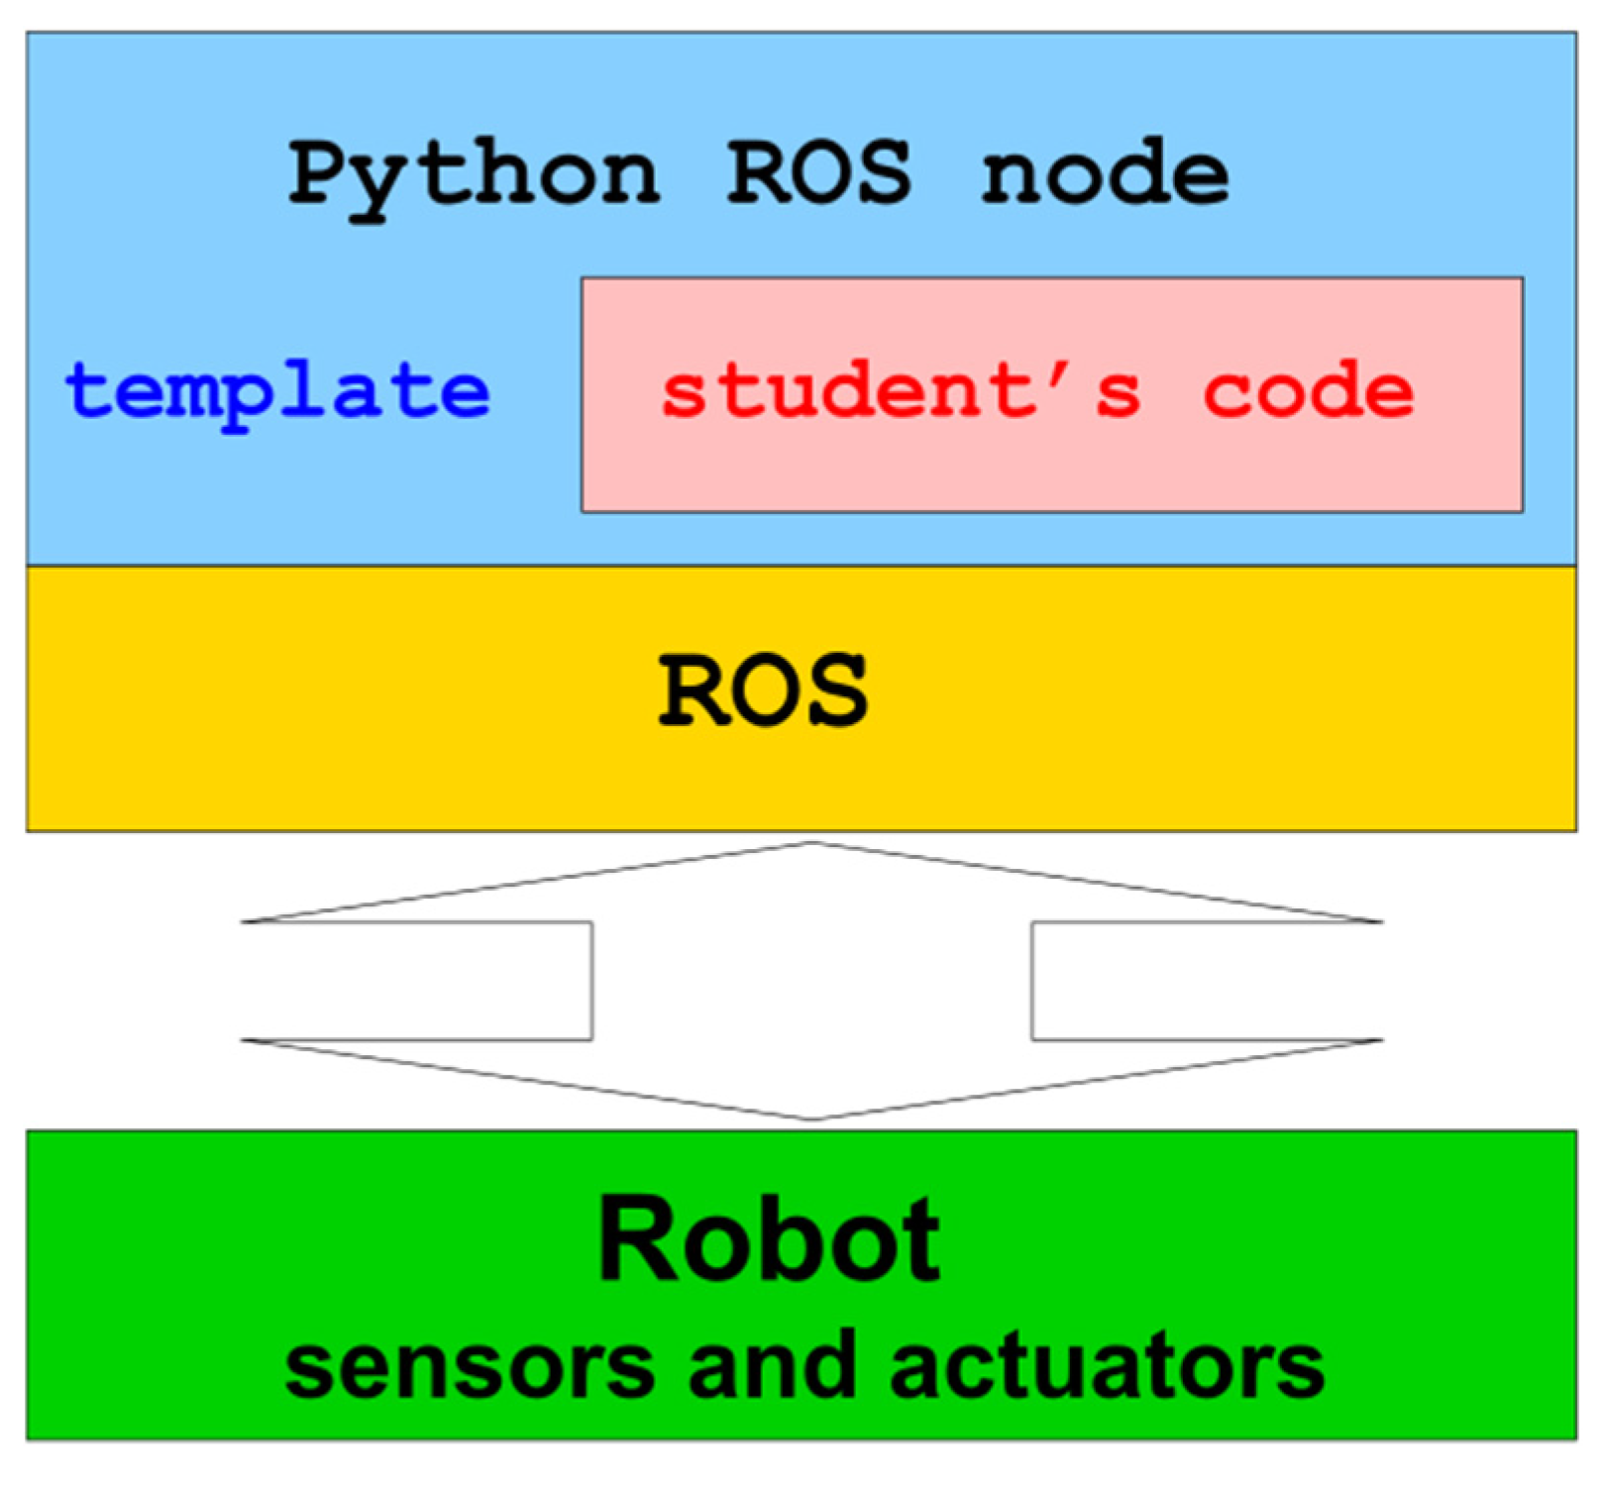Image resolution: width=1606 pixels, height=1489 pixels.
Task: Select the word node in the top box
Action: click(x=1105, y=173)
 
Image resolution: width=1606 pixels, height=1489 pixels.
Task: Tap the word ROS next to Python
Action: click(x=818, y=173)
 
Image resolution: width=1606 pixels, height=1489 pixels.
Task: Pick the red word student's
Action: click(x=901, y=391)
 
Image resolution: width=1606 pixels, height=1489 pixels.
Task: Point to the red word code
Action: click(x=1308, y=391)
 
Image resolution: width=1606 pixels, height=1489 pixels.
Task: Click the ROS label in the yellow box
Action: click(x=763, y=691)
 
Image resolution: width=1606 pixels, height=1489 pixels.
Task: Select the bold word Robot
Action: click(x=769, y=1240)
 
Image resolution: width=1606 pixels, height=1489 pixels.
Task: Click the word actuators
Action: click(x=1107, y=1367)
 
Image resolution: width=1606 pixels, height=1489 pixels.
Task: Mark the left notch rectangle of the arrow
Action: click(x=416, y=981)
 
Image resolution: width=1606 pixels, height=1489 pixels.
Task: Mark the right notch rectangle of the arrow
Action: click(x=1207, y=981)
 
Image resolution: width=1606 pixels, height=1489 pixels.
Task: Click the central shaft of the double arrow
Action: click(x=812, y=981)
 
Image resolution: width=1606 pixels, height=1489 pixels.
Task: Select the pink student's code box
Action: click(x=1052, y=466)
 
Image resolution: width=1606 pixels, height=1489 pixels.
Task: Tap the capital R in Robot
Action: click(x=639, y=1240)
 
